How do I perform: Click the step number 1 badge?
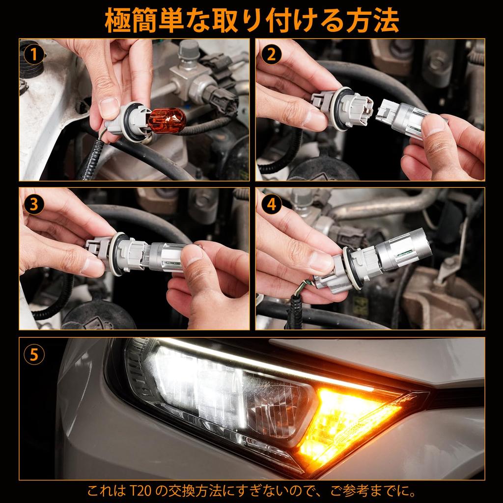click(34, 55)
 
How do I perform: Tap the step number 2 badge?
click(271, 55)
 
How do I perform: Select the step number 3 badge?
click(34, 204)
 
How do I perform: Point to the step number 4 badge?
click(271, 204)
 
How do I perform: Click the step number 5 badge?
click(34, 355)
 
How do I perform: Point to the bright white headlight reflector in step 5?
click(199, 388)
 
